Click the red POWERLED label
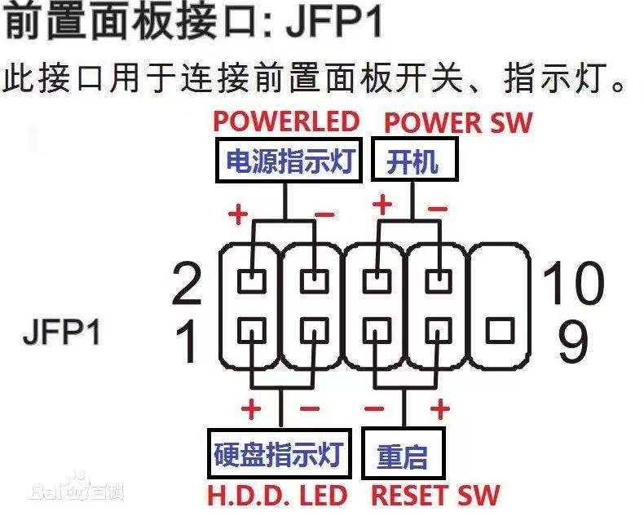[x=286, y=121]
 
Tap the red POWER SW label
[x=457, y=122]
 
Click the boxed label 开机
[x=412, y=161]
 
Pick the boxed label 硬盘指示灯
[x=278, y=453]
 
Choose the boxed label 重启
[x=402, y=455]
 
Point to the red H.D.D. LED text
[x=277, y=495]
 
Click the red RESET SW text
[x=435, y=495]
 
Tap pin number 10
[x=574, y=283]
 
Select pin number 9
[x=574, y=342]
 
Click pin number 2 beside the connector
[x=187, y=285]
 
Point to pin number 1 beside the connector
[x=187, y=342]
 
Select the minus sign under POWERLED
[x=324, y=214]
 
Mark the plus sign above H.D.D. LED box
[x=251, y=408]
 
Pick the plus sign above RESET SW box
[x=440, y=408]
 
